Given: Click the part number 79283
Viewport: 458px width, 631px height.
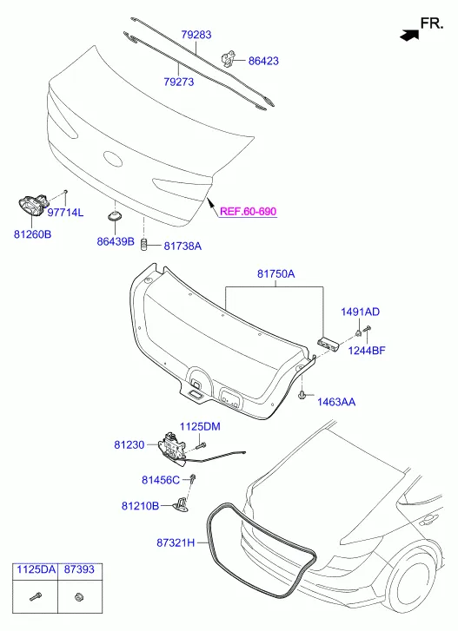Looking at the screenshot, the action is [x=196, y=35].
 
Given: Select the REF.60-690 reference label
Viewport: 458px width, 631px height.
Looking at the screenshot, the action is [x=249, y=211].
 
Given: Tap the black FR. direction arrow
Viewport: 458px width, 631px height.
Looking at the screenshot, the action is [x=409, y=35].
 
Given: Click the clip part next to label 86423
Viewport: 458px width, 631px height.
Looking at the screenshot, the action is [x=229, y=57].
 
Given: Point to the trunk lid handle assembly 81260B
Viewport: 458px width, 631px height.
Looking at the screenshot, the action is [x=32, y=205].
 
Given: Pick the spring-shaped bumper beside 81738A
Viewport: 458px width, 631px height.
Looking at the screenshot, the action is [x=143, y=244].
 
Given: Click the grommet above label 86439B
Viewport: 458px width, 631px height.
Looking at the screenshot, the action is [x=116, y=216].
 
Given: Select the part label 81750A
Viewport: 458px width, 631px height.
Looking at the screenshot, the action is [x=275, y=274].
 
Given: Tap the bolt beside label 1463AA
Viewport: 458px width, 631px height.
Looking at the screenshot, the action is [x=302, y=395].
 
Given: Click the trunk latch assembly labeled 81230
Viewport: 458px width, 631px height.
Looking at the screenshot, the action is [x=173, y=448].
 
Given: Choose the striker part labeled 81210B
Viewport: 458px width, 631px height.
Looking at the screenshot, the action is [x=180, y=504].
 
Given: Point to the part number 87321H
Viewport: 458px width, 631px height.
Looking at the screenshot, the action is [x=176, y=542].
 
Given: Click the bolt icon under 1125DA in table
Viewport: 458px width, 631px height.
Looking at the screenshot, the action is [x=36, y=596].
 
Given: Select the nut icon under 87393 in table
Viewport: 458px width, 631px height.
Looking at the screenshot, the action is [x=79, y=596].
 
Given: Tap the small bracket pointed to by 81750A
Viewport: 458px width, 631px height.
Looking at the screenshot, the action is [x=329, y=343].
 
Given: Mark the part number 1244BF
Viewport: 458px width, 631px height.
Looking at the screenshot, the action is [x=367, y=351].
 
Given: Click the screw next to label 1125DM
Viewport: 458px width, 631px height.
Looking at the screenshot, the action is [x=201, y=446].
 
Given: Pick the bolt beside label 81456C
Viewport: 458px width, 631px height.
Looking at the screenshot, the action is [x=193, y=479].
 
